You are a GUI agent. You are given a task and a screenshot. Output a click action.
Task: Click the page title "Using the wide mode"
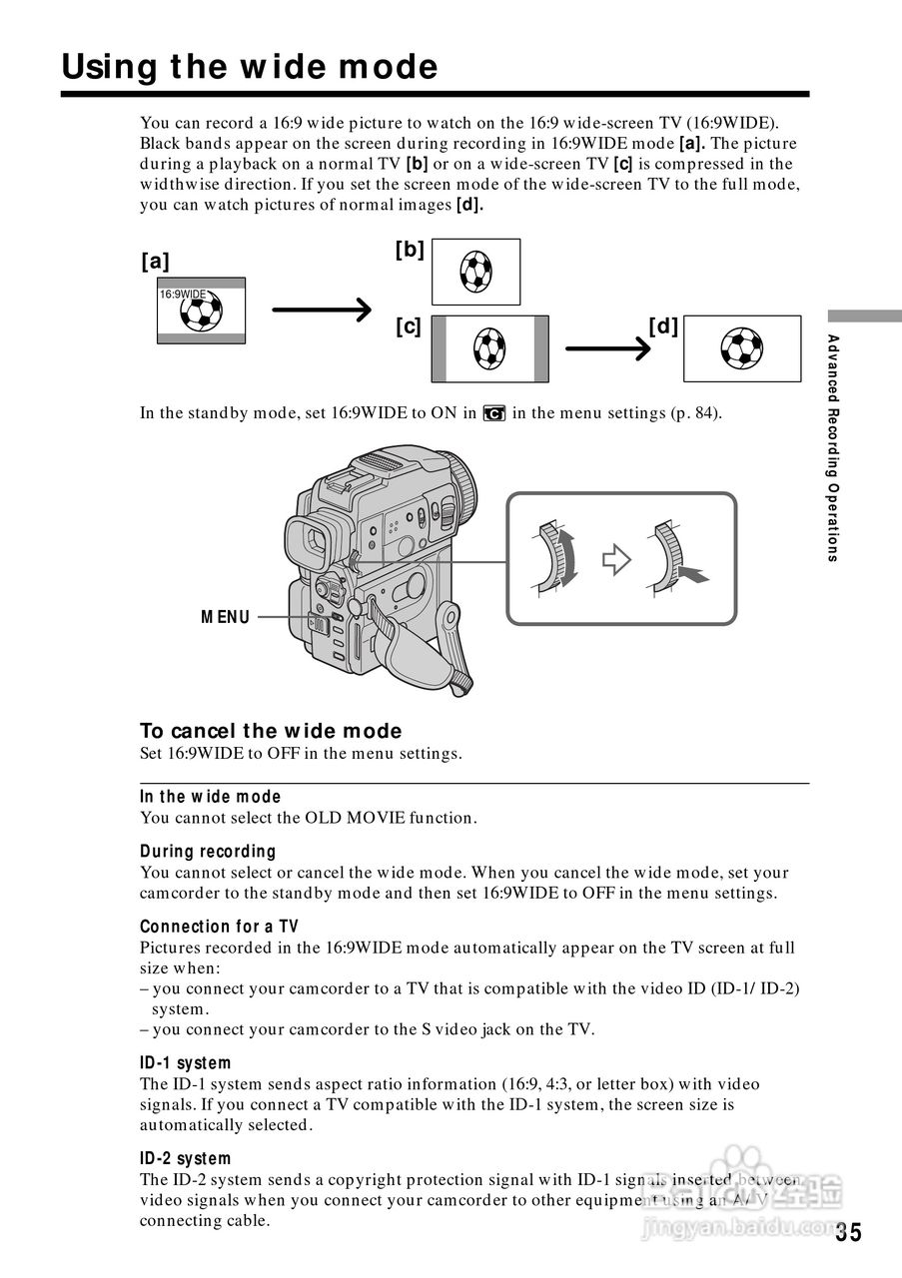[x=250, y=67]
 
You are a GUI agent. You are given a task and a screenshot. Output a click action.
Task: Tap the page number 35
[x=848, y=1232]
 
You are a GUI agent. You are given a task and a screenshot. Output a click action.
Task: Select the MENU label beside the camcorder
[x=226, y=617]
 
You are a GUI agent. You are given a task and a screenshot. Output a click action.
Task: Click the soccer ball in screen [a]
[x=201, y=313]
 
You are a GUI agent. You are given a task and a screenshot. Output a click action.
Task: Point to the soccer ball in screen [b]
[x=475, y=272]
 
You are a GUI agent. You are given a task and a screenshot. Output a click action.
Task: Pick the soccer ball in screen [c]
[x=488, y=348]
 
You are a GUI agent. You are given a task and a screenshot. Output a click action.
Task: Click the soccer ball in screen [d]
[x=741, y=348]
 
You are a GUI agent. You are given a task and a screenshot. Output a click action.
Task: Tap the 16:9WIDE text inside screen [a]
[x=182, y=295]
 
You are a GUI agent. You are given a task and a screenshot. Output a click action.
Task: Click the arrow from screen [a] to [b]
[x=322, y=311]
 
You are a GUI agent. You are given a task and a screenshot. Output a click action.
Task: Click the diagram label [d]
[x=663, y=325]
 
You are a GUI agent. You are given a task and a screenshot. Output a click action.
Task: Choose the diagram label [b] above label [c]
[x=410, y=250]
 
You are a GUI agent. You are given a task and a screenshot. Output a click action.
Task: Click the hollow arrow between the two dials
[x=616, y=560]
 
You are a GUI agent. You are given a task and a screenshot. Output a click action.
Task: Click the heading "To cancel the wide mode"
[x=271, y=731]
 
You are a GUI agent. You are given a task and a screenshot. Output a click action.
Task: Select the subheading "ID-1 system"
[x=186, y=1062]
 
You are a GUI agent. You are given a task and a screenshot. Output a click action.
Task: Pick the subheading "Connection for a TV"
[x=219, y=927]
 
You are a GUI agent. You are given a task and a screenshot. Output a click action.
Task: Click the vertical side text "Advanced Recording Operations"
[x=832, y=448]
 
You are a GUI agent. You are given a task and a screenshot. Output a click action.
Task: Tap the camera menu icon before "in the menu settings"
[x=493, y=413]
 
